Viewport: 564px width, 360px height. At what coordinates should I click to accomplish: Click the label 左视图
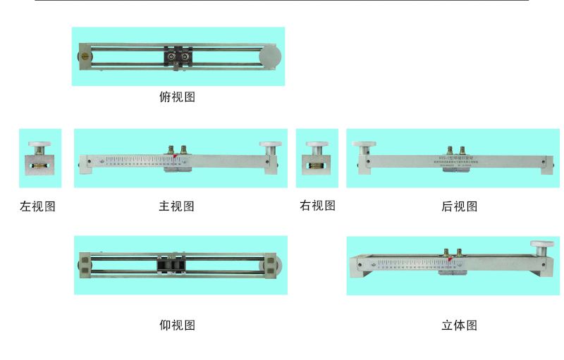(37, 206)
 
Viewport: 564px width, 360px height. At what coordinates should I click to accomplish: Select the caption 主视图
(177, 206)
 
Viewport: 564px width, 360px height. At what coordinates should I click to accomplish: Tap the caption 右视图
(317, 206)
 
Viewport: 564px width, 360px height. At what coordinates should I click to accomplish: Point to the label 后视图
(460, 206)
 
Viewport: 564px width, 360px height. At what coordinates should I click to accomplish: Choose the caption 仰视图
(177, 325)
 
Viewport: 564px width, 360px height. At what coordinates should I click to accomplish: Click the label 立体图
(460, 325)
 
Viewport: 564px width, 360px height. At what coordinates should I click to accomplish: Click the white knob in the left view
(39, 145)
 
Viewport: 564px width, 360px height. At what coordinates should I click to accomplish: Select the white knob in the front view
(269, 145)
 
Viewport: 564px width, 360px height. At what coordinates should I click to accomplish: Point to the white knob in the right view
(317, 146)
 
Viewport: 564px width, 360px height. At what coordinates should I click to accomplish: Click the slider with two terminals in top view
(178, 56)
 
